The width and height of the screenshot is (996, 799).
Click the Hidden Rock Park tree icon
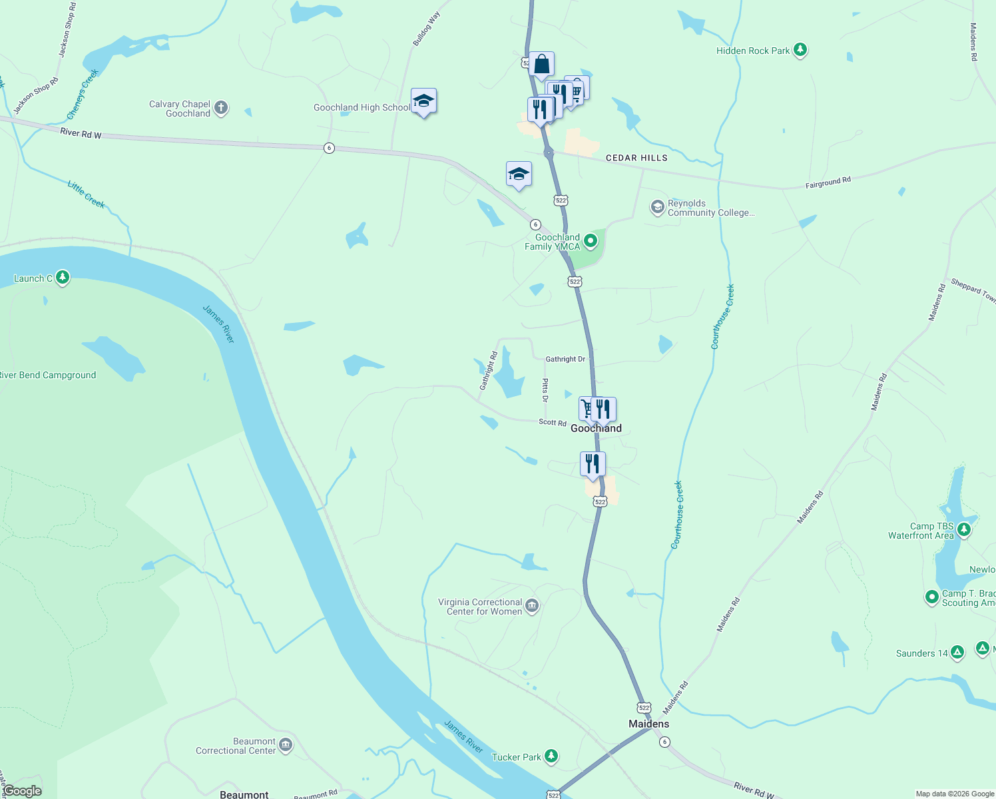coord(800,50)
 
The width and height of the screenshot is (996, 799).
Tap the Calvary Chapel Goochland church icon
coord(221,108)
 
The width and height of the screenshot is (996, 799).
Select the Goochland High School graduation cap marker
coord(423,101)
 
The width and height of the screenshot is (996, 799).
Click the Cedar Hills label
coord(636,158)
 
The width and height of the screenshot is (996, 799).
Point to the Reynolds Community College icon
coord(658,208)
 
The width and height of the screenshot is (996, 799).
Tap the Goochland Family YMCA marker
coord(590,240)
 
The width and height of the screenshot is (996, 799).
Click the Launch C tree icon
coord(63,278)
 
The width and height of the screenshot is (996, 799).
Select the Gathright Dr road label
coord(565,359)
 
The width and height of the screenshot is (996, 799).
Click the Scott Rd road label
coord(552,422)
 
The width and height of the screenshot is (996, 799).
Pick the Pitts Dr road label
coord(545,390)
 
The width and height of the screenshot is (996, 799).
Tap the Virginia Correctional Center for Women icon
coord(532,606)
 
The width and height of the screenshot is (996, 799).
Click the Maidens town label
coord(648,724)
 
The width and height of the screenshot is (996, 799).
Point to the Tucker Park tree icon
coord(551,756)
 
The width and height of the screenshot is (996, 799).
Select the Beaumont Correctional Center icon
coord(286,745)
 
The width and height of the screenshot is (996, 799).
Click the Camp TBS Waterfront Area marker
coord(964,530)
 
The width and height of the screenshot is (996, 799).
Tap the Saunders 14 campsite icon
coord(957,653)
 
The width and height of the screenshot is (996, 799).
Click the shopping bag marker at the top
coord(541,65)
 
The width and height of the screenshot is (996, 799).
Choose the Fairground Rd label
coord(828,182)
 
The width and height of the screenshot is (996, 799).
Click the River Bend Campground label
coord(48,375)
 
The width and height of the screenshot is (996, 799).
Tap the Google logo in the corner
coord(23,791)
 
